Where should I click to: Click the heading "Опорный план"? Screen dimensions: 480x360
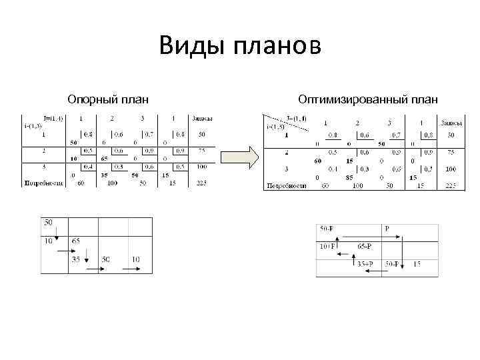tap(107, 100)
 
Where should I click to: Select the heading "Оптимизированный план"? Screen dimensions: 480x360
tap(368, 100)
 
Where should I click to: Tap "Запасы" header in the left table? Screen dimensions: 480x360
tap(202, 119)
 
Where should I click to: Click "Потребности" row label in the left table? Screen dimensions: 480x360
tap(43, 182)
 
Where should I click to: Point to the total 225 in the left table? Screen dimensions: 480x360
tap(201, 182)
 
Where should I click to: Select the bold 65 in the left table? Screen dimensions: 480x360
tap(105, 159)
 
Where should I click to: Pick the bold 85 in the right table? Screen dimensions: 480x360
tap(349, 177)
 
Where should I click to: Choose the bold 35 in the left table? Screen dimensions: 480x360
tap(104, 175)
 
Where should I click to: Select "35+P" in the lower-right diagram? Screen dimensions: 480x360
tap(365, 264)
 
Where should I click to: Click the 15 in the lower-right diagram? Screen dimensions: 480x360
tap(417, 264)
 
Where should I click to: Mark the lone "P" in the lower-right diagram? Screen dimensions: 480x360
tap(387, 229)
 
